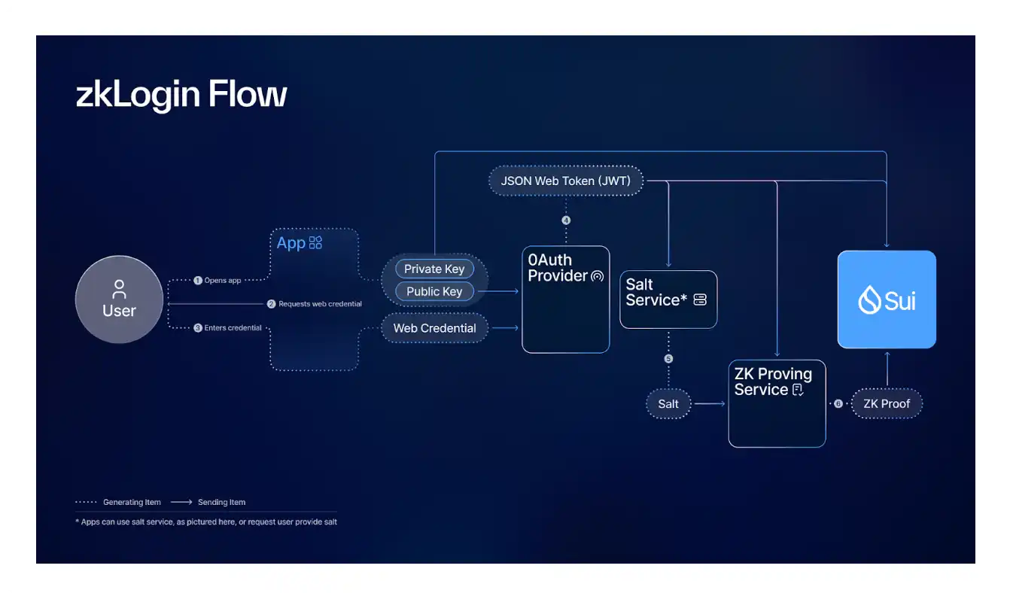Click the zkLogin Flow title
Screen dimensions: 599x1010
pyautogui.click(x=181, y=96)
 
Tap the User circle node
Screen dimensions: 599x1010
pyautogui.click(x=119, y=299)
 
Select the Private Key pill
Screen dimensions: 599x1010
pyautogui.click(x=434, y=269)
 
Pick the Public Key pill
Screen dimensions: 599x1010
pyautogui.click(x=434, y=291)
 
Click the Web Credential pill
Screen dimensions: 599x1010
pyautogui.click(x=434, y=328)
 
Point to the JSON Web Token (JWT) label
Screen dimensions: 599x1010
pyautogui.click(x=565, y=181)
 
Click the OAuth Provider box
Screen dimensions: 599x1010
pyautogui.click(x=565, y=299)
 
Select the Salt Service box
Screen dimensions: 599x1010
pyautogui.click(x=668, y=299)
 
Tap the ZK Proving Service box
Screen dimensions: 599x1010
pyautogui.click(x=777, y=403)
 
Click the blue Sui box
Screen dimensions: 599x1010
pyautogui.click(x=887, y=299)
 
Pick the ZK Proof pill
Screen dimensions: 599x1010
pyautogui.click(x=887, y=403)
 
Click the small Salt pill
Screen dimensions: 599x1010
pyautogui.click(x=668, y=403)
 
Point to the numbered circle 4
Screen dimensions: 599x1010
pyautogui.click(x=566, y=220)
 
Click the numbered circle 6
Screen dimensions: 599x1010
pyautogui.click(x=838, y=403)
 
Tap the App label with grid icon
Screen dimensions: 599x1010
pyautogui.click(x=299, y=242)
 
